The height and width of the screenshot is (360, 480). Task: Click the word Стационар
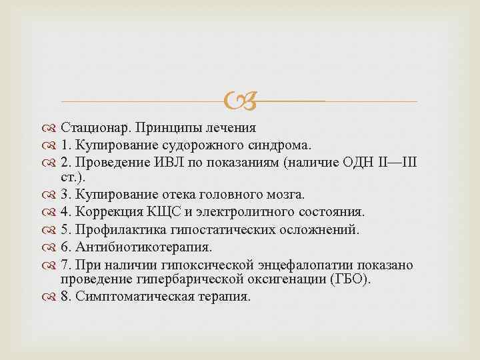[91, 127]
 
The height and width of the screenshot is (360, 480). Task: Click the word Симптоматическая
[133, 297]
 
